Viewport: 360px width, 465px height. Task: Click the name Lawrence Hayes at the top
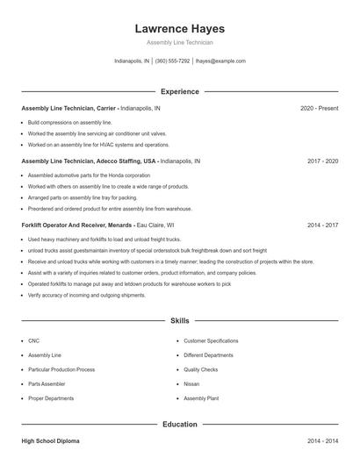pos(179,28)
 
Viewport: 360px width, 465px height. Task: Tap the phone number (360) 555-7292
pos(172,61)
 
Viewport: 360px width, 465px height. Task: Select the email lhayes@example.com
pos(220,61)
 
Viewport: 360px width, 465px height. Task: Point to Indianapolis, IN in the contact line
pos(133,61)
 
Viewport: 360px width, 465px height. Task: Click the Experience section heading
pos(179,91)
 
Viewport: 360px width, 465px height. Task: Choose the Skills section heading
pos(179,321)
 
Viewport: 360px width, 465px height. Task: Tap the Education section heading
pos(179,425)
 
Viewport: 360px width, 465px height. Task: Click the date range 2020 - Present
pos(319,108)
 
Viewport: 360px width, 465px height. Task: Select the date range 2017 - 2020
pos(322,161)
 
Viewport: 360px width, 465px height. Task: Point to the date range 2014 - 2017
pos(322,225)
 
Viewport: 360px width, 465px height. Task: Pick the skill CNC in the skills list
pos(33,340)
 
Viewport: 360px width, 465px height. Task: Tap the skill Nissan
pos(191,383)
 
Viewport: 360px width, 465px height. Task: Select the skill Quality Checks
pos(201,369)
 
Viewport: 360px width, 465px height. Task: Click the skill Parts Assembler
pos(46,383)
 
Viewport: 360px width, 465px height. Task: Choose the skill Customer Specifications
pos(211,340)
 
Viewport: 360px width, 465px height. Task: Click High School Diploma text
pos(50,441)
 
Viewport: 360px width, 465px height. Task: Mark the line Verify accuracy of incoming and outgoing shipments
pos(86,296)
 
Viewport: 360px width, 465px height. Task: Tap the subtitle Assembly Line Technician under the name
pos(179,42)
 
